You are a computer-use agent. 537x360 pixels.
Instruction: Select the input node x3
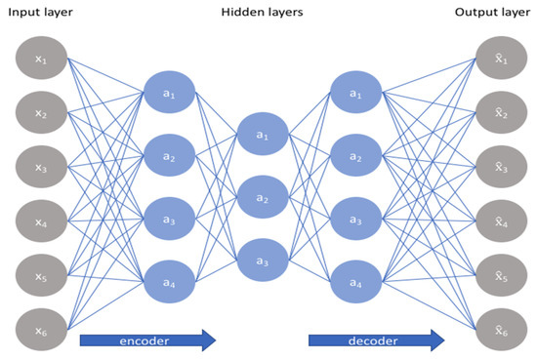[40, 167]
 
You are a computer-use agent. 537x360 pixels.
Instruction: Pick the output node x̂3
[499, 167]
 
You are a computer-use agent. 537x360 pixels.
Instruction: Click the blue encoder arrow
[145, 341]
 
